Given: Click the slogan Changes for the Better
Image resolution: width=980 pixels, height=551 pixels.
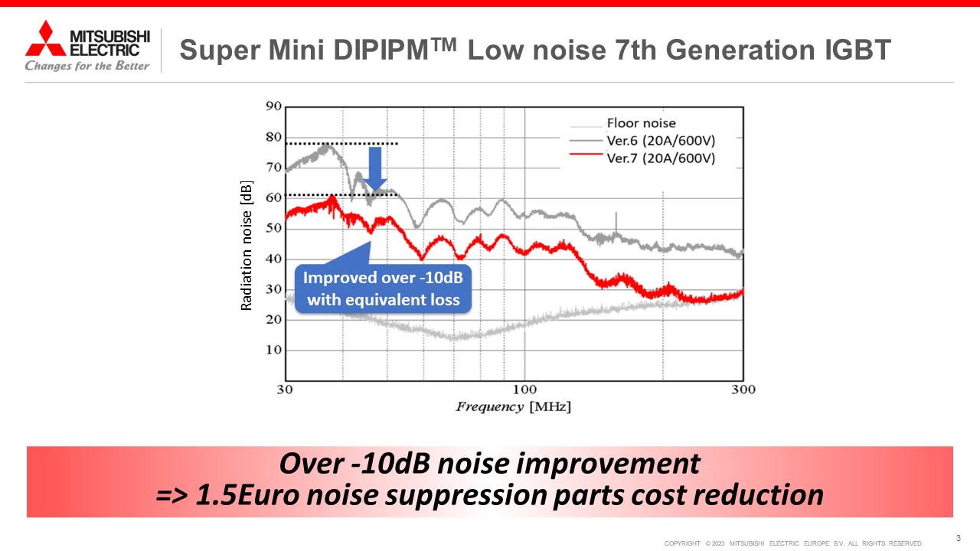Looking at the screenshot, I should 87,66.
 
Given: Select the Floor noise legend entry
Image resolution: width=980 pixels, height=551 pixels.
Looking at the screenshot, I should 641,122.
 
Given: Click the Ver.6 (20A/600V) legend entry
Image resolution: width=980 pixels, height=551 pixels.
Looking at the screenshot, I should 660,141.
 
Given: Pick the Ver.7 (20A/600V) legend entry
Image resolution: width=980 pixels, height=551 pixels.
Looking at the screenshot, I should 660,158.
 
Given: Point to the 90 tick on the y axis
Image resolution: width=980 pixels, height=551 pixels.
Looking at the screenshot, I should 273,106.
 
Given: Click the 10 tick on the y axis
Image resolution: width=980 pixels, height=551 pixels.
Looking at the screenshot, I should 273,350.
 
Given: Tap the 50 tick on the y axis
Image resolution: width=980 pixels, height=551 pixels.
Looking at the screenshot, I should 273,228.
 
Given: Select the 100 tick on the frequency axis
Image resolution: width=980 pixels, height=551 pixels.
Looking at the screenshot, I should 525,390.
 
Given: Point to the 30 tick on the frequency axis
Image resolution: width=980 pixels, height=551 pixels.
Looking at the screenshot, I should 285,390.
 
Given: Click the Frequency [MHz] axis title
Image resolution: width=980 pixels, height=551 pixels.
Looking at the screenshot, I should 513,406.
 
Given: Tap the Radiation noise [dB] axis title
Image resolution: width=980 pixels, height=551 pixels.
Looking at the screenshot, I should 247,251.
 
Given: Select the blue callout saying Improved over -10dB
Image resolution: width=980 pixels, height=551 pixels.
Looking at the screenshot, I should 383,288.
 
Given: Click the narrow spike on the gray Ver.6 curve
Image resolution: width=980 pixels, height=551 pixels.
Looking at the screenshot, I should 616,221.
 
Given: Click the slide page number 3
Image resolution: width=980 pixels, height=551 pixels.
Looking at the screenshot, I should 959,538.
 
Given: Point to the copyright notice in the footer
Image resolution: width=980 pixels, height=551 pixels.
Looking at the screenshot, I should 792,543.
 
